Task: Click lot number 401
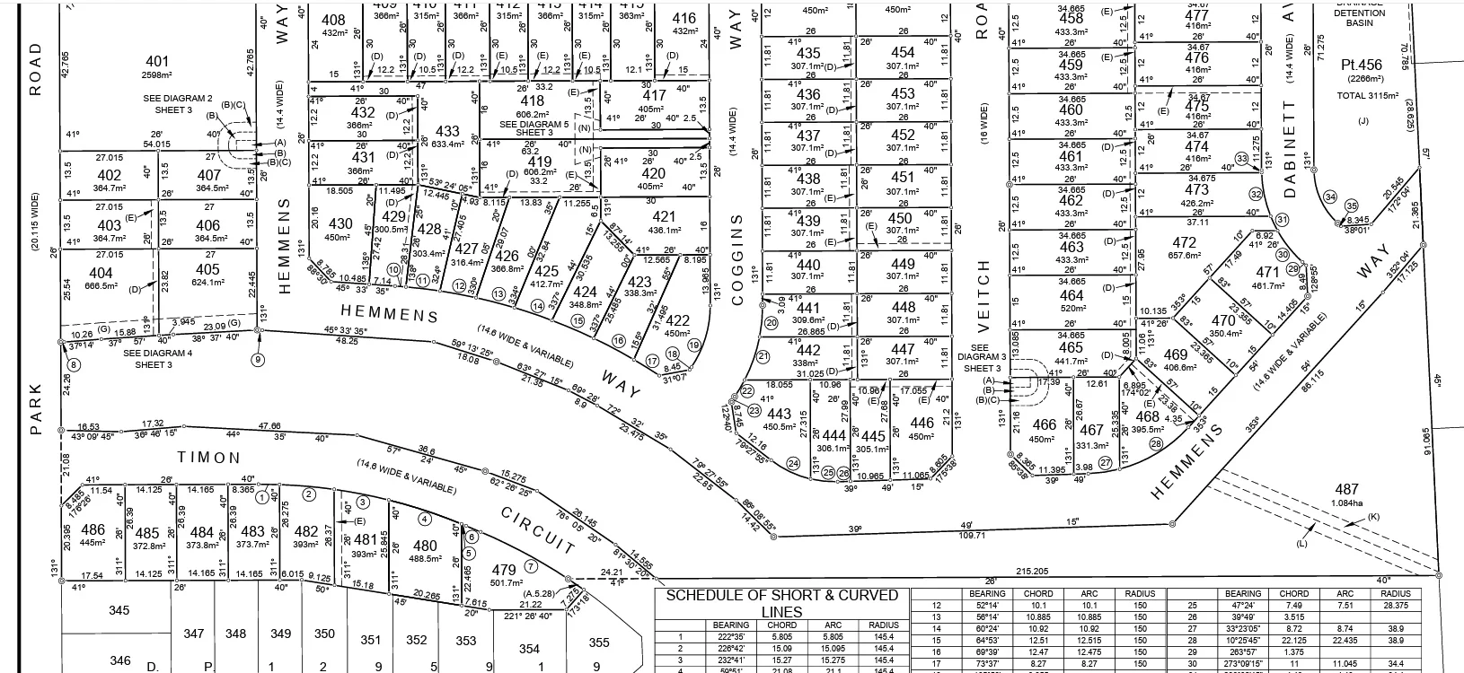(x=157, y=62)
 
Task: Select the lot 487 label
(x=1346, y=489)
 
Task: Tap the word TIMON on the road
(x=209, y=458)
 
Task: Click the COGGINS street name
(x=738, y=260)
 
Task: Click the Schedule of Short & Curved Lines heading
(x=781, y=603)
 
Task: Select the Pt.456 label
(x=1361, y=65)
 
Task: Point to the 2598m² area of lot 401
(x=157, y=74)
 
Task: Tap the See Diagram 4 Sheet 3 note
(x=157, y=359)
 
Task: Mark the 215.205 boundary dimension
(x=1032, y=571)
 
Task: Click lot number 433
(x=446, y=131)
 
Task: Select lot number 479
(x=504, y=569)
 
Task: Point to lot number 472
(x=1185, y=242)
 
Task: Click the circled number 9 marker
(x=259, y=361)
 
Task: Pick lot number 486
(x=93, y=530)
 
